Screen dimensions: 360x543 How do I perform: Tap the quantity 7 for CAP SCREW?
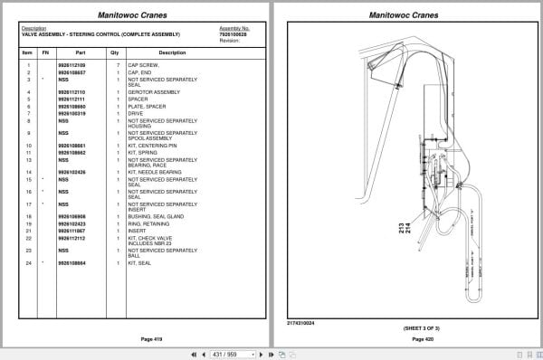tap(118, 65)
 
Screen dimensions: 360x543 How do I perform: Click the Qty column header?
tap(115, 52)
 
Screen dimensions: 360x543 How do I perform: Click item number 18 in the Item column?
tap(29, 217)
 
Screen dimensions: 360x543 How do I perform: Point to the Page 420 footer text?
tap(410, 338)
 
